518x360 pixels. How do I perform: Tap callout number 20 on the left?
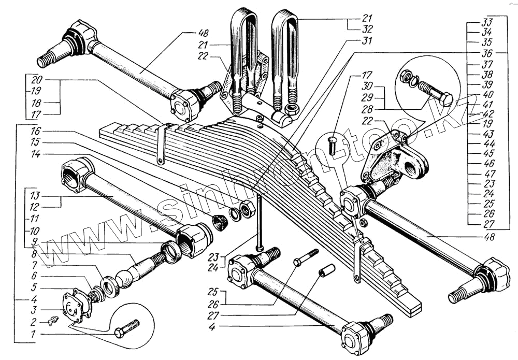coord(36,80)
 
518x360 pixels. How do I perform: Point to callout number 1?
coord(33,335)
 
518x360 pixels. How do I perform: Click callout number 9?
coord(34,241)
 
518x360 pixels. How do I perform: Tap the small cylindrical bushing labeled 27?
coord(327,270)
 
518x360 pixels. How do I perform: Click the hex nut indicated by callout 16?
coord(248,209)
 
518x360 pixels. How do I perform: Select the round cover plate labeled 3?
coord(76,307)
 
